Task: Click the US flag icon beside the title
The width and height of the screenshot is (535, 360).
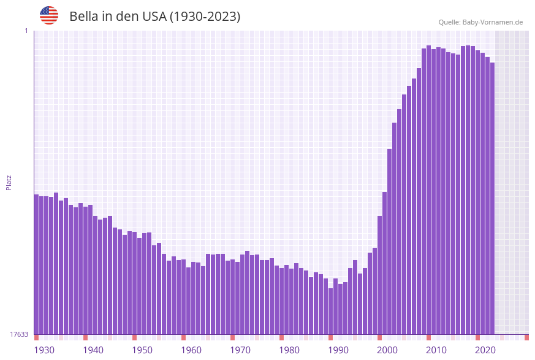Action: click(49, 15)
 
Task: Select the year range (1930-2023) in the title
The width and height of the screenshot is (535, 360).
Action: click(204, 17)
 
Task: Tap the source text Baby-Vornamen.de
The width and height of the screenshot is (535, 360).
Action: click(493, 22)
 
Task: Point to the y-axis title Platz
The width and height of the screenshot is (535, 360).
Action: click(9, 182)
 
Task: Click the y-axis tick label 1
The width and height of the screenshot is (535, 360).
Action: click(26, 31)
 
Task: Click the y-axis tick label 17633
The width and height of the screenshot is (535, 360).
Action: click(19, 334)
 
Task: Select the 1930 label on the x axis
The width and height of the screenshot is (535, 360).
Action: click(44, 350)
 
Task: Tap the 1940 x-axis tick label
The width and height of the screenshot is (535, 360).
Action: click(93, 350)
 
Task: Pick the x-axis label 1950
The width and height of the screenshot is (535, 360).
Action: click(142, 350)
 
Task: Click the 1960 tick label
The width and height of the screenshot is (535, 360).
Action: click(191, 350)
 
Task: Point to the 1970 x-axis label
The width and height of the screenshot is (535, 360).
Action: click(240, 350)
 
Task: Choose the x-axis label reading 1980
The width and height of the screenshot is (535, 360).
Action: click(289, 350)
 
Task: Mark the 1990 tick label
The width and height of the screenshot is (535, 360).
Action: click(338, 350)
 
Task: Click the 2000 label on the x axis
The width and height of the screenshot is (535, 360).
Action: click(387, 350)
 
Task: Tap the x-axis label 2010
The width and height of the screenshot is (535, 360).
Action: click(436, 350)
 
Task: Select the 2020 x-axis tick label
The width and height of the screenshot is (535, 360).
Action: click(485, 350)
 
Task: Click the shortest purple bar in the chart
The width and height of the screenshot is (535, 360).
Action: click(330, 311)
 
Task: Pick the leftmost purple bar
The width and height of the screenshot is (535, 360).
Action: click(36, 264)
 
